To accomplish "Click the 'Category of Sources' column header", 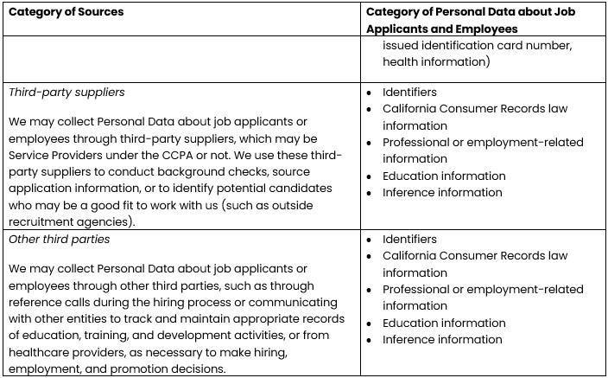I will tap(66, 12).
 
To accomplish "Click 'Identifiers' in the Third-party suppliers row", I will tap(409, 92).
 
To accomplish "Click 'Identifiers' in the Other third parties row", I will tap(409, 239).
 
